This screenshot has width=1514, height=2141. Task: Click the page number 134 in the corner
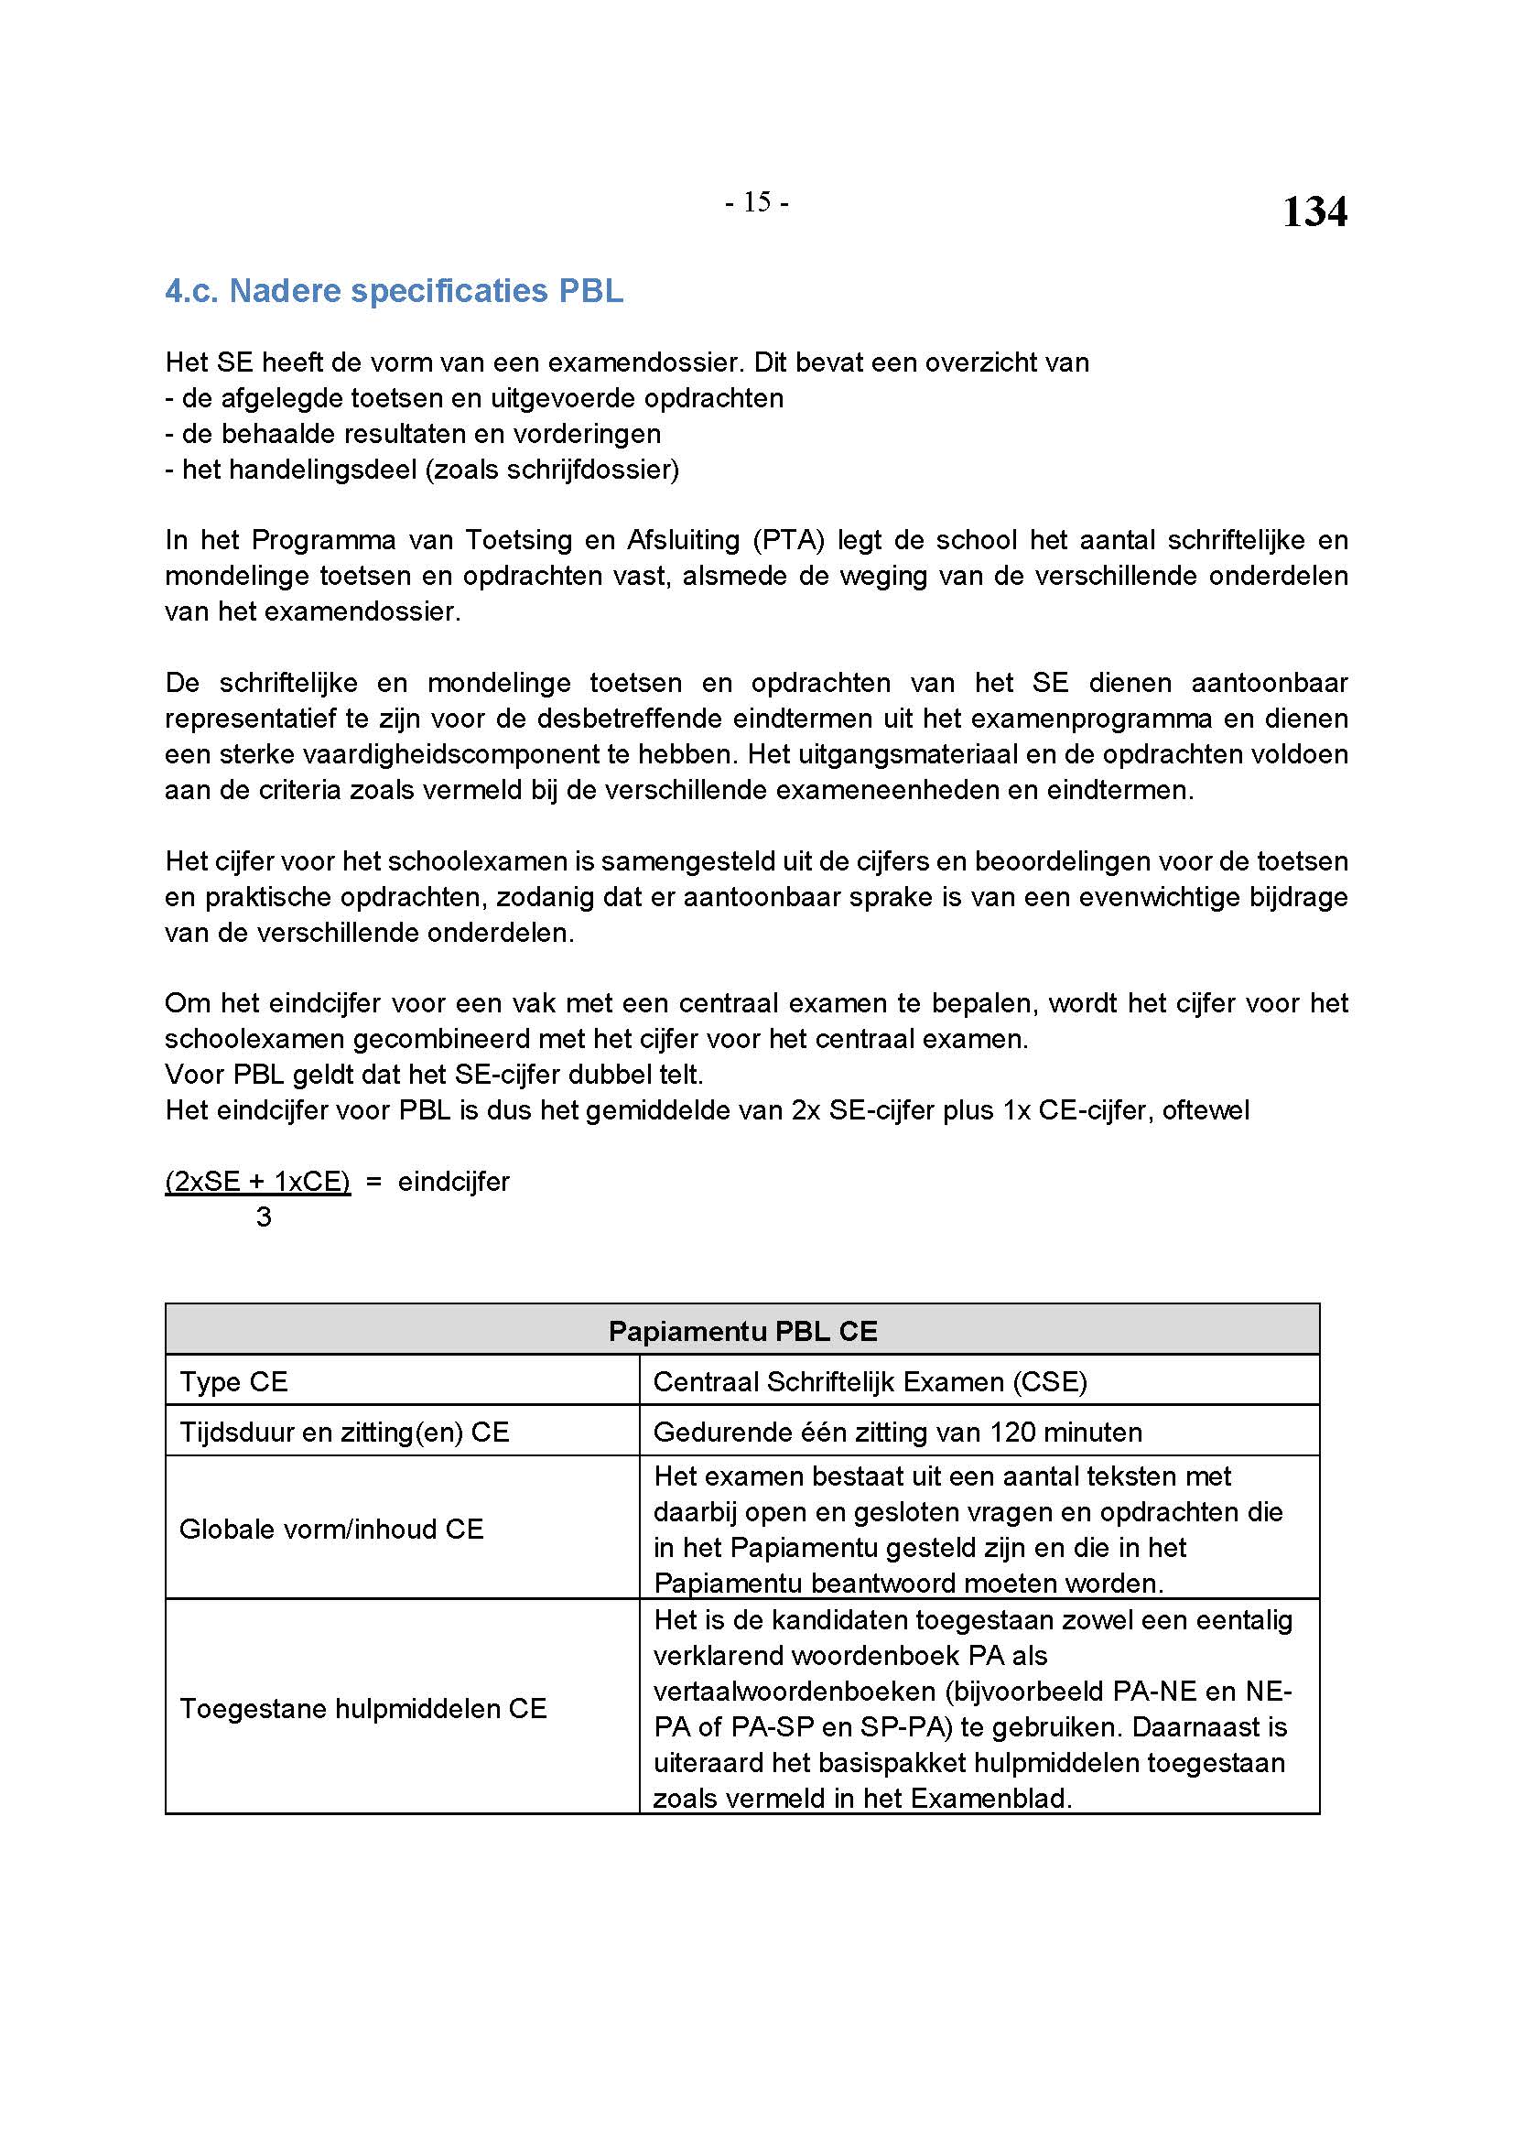tap(1314, 211)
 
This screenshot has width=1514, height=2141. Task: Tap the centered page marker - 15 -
tap(756, 202)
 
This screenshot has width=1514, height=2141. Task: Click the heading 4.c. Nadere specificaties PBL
tap(394, 291)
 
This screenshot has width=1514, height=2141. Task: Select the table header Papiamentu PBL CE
tap(742, 1331)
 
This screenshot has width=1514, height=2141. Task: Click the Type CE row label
tap(234, 1382)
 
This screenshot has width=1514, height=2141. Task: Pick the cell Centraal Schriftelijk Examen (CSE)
tap(870, 1382)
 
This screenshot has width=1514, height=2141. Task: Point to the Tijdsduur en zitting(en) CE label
tap(344, 1433)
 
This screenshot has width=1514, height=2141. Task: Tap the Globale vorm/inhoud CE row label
tap(331, 1530)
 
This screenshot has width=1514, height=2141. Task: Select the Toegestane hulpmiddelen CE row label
tap(362, 1709)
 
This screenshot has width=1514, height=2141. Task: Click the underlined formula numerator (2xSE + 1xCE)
tap(257, 1182)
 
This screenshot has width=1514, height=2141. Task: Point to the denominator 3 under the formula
tap(264, 1216)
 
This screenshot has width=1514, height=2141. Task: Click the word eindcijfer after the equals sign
tap(453, 1182)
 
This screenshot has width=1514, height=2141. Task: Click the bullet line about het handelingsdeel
tap(422, 469)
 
